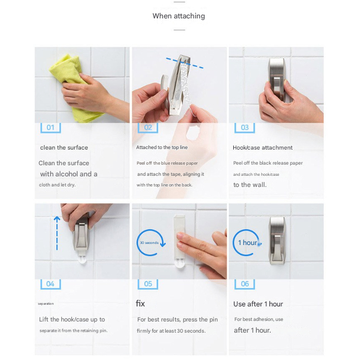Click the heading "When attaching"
tap(179, 16)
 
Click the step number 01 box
tap(50, 128)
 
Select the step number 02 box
tap(148, 128)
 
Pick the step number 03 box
tap(245, 128)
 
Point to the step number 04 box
tap(50, 284)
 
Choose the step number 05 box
tap(148, 284)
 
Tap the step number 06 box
tap(245, 284)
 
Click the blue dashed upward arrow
tap(57, 233)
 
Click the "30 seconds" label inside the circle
tap(149, 243)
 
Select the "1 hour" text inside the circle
tap(248, 243)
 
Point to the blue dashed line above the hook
tap(185, 63)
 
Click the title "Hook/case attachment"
tap(263, 147)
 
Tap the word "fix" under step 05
tap(140, 304)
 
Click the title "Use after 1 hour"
tap(258, 304)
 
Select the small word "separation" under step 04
tap(46, 304)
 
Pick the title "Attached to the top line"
tap(162, 147)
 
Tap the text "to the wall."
tap(250, 185)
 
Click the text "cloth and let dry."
tap(57, 185)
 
